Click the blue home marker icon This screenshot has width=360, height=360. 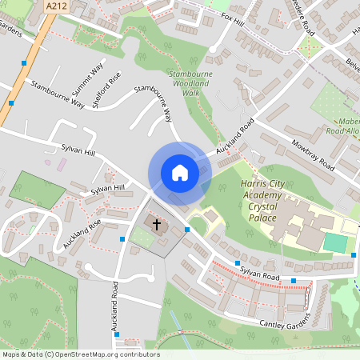[x=179, y=172]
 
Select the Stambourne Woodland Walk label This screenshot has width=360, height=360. [x=190, y=83]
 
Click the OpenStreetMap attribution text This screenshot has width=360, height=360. [x=80, y=354]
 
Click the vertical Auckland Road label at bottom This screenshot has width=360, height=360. [x=115, y=307]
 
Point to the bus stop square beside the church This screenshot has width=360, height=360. [x=186, y=230]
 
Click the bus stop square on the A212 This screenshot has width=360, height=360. [x=26, y=62]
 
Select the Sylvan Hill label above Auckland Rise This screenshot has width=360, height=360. [x=109, y=190]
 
